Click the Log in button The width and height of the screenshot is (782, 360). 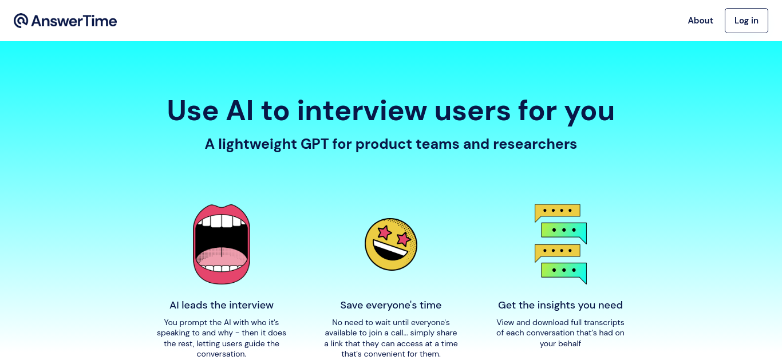coord(746,21)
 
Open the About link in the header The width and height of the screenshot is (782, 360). coord(700,21)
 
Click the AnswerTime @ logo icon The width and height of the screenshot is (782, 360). coord(21,21)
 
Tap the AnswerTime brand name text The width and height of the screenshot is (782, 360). coord(74,21)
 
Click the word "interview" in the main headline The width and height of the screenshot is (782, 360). coord(362,110)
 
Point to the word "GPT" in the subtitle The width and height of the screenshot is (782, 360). coord(314,144)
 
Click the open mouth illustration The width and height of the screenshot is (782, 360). coord(222,244)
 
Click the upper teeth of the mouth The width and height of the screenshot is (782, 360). coord(222,221)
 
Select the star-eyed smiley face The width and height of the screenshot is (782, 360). coord(391,244)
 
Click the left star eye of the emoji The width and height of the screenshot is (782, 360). coord(384,232)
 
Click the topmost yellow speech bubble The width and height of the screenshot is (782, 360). coord(557,212)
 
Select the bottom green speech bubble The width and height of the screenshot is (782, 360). coord(564,272)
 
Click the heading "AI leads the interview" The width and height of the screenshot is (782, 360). coord(222,305)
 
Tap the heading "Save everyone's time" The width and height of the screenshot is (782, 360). coord(390,305)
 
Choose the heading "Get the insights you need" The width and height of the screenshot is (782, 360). coord(560,305)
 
